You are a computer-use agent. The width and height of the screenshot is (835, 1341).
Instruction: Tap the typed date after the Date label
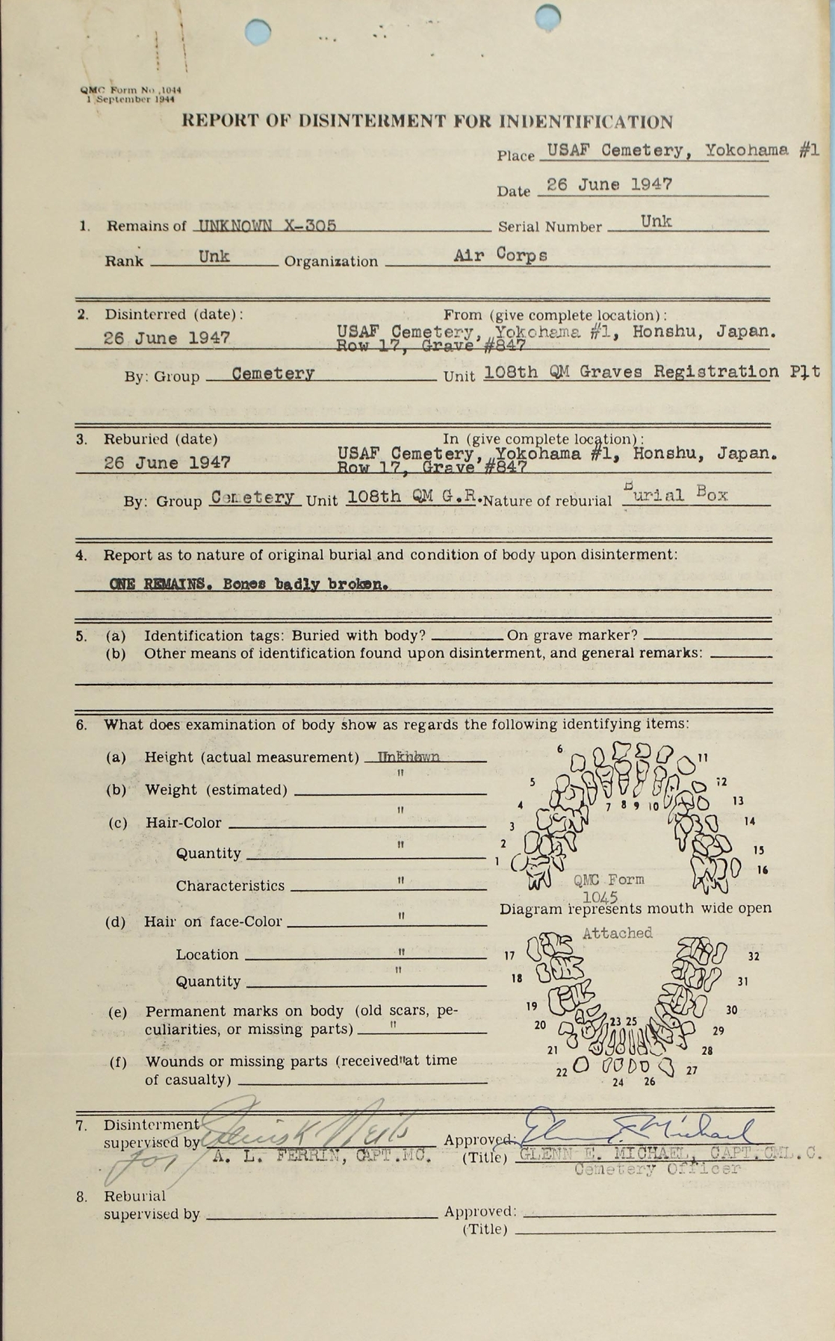609,184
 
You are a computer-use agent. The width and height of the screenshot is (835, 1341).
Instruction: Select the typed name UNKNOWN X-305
265,225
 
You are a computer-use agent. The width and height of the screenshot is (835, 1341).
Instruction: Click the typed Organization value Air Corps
500,255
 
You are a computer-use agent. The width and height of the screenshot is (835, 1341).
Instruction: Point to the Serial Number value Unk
656,221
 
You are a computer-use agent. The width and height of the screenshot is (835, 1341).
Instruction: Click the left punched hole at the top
258,32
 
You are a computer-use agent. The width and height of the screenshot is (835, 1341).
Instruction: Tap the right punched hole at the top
548,15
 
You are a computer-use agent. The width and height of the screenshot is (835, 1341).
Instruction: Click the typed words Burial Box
675,495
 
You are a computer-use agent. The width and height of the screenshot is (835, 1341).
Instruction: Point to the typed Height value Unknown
409,757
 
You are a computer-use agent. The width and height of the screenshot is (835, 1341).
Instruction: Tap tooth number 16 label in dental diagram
762,870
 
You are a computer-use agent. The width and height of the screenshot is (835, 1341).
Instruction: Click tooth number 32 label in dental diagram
753,956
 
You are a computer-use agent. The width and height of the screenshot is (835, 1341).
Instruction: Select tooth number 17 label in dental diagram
509,956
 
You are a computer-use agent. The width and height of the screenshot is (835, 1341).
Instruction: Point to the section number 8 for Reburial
81,1196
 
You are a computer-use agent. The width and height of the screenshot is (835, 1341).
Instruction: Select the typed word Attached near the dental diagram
617,933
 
